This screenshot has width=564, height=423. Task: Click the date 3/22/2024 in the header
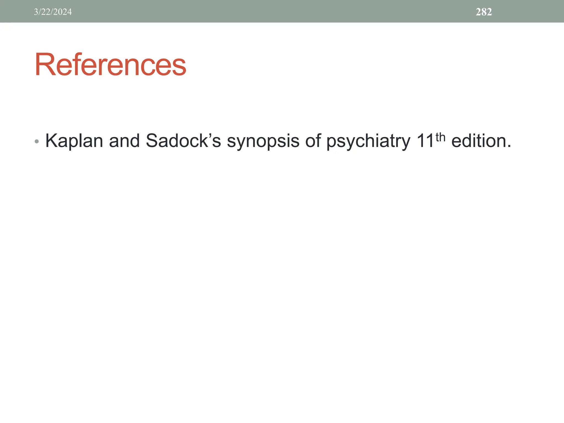tap(53, 12)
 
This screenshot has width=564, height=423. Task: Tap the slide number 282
tap(484, 12)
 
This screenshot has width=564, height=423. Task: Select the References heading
tap(110, 65)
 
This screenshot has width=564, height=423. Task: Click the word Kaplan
tap(74, 141)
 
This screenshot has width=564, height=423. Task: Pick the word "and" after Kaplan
tap(124, 141)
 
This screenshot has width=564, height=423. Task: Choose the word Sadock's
tap(183, 141)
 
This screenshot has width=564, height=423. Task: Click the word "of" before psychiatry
tap(312, 141)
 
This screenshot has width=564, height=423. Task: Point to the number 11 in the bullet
tap(425, 141)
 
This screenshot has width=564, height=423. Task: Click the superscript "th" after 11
tap(440, 137)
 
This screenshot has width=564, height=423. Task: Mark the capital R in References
tap(45, 65)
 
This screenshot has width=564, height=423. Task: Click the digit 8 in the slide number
tap(484, 12)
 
